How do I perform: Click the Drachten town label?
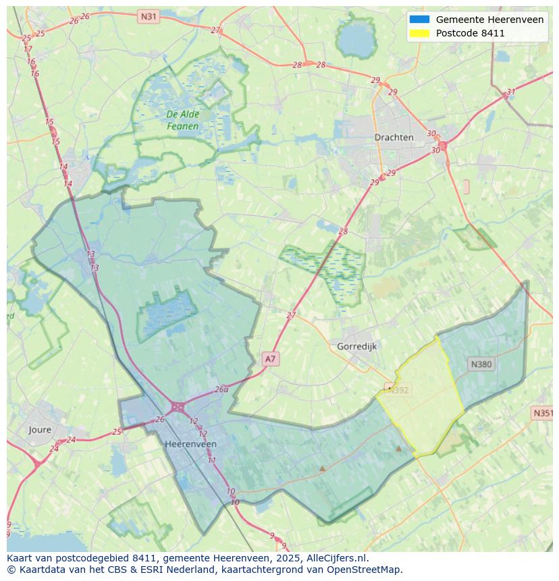coord(394,137)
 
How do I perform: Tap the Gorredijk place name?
coord(356,346)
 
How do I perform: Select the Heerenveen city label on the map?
coord(190,444)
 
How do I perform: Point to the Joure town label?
coord(40,429)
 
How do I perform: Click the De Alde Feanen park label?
coord(183,120)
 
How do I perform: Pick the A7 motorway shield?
coord(270,359)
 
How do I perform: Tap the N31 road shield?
coord(148,16)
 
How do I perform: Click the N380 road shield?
coord(481,364)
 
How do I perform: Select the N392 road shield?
coord(397,389)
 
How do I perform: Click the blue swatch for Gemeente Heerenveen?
coord(419,20)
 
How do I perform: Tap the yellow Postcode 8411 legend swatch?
coord(419,33)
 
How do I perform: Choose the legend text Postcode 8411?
coord(470,33)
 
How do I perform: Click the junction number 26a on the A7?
coord(221,389)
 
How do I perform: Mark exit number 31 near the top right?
coord(511,92)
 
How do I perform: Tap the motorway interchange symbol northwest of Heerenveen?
coord(178,407)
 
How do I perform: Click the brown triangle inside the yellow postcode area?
coord(398,447)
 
